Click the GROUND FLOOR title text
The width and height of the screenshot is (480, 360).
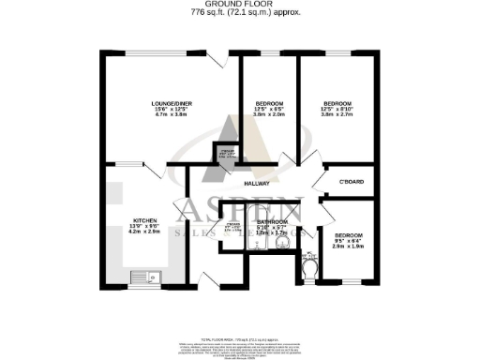click(239, 5)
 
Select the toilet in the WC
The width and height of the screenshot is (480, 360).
click(311, 271)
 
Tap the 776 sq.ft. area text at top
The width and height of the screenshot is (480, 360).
click(239, 14)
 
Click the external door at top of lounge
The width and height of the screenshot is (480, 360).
click(218, 59)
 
